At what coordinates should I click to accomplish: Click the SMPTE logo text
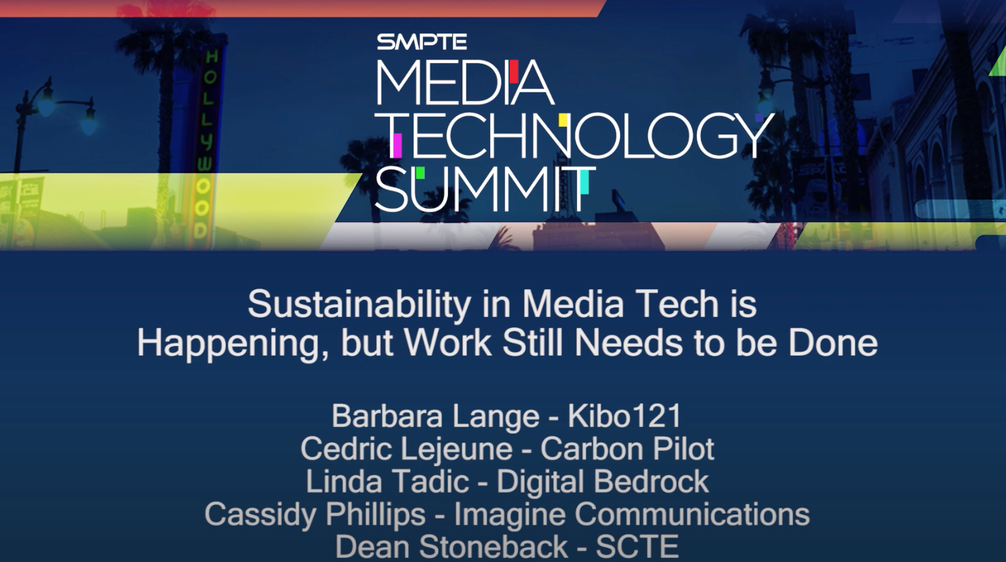pos(422,42)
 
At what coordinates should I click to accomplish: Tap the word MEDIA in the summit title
pos(464,83)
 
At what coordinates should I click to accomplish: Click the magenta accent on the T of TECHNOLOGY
pos(397,143)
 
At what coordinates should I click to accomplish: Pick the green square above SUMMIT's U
pos(420,172)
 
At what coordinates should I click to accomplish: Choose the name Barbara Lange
pos(435,416)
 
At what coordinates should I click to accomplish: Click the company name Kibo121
pos(624,416)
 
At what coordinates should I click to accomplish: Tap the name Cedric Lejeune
pos(406,449)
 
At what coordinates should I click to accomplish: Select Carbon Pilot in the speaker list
pos(627,449)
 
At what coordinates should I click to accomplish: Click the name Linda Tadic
pos(387,481)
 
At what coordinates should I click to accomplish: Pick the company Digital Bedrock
pos(603,481)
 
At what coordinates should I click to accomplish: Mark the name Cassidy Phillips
pos(315,514)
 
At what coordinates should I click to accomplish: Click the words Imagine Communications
pos(632,514)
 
